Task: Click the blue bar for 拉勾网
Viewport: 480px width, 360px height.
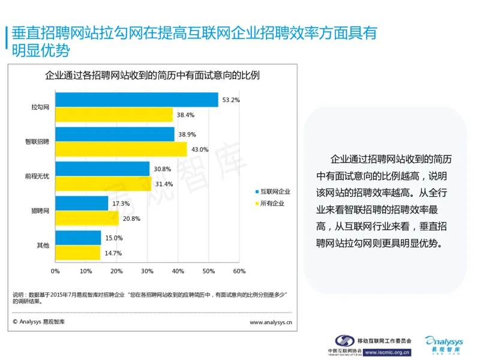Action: (137, 100)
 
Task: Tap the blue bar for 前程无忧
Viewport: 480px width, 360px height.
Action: (103, 169)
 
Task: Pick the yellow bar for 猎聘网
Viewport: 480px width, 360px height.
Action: (87, 219)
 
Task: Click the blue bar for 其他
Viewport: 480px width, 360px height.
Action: (78, 238)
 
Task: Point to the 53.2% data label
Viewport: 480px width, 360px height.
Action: (230, 100)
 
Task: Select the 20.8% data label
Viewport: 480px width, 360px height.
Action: (131, 219)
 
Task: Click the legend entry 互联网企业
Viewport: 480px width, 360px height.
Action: (275, 191)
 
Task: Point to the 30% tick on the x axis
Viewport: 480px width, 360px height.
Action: (147, 271)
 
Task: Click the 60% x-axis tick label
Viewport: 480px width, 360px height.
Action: (239, 271)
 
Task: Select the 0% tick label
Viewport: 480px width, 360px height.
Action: (55, 271)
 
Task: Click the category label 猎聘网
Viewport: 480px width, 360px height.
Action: (40, 211)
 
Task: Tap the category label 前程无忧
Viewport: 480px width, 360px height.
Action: (37, 176)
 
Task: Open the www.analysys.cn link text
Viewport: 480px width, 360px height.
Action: (271, 322)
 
